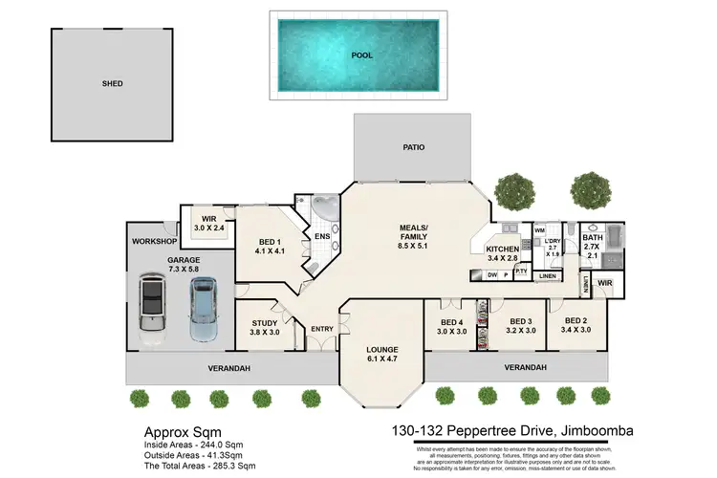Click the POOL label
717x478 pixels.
pos(361,55)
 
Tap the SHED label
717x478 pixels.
pos(113,83)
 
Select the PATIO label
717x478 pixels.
pos(413,147)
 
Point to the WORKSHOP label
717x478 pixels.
pos(156,241)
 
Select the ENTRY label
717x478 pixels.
pos(321,329)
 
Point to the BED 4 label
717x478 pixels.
pos(453,322)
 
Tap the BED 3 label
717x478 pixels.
pos(520,322)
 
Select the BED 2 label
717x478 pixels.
pos(576,321)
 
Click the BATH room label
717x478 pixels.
pos(593,238)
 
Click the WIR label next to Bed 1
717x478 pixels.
pos(207,218)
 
